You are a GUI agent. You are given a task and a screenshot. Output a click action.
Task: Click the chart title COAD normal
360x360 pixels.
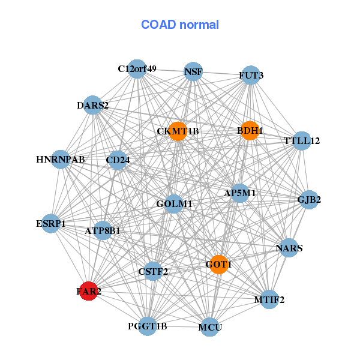(180, 25)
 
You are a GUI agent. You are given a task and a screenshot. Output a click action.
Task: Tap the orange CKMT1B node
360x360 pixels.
(178, 131)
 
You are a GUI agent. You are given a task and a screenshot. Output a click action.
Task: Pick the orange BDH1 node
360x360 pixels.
(250, 130)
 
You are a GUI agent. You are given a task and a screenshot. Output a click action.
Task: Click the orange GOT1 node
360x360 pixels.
(219, 264)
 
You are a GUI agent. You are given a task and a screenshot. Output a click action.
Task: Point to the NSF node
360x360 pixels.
(193, 72)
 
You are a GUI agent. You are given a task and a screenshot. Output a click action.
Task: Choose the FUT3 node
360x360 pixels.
(250, 75)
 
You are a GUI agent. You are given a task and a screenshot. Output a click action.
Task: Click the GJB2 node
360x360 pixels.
(308, 200)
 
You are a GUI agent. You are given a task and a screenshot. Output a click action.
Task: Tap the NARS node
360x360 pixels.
(289, 248)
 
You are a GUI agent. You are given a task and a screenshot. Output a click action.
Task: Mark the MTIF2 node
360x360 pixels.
(269, 299)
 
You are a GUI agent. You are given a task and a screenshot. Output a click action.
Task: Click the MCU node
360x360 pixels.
(209, 327)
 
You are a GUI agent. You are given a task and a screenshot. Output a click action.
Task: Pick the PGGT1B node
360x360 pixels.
(148, 326)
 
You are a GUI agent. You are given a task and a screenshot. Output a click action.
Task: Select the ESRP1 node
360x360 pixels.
(52, 223)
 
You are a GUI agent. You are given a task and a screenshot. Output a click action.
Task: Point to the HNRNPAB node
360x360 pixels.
(60, 160)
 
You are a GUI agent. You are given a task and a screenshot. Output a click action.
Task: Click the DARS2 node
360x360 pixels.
(92, 106)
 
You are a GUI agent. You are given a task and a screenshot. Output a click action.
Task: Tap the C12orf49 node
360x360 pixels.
(137, 69)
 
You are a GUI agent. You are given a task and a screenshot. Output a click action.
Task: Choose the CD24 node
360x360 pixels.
(118, 160)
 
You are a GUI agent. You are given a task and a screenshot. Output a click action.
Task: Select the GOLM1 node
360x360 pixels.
(173, 204)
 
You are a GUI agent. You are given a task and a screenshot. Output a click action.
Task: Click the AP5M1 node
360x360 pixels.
(240, 193)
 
